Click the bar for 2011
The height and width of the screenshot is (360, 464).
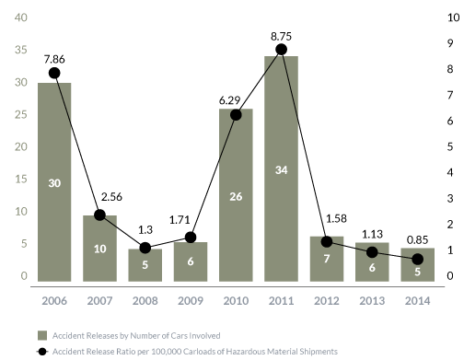pos(281,168)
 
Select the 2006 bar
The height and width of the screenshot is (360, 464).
pos(54,182)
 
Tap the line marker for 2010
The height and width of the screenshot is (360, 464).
pos(236,115)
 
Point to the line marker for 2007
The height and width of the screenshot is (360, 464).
pos(99,215)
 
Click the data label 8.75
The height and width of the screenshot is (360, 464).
pos(281,37)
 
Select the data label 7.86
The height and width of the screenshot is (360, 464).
pos(54,59)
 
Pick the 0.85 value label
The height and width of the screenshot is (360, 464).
pos(417,239)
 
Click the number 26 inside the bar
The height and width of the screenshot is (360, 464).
pos(236,197)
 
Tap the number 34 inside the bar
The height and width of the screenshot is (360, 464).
pos(281,170)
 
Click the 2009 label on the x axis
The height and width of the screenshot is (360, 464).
pos(191,301)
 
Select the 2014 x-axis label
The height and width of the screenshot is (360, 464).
pos(417,301)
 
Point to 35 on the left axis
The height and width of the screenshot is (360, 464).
pos(21,50)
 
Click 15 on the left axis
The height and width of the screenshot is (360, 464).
pos(21,179)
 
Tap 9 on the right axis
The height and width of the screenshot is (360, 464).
pos(450,43)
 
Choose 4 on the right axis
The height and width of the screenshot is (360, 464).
pos(450,172)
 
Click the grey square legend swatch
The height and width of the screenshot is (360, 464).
pos(42,335)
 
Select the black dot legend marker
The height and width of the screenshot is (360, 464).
pos(42,352)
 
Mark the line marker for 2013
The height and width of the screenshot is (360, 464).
pos(372,252)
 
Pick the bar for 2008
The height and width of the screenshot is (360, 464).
pos(145,265)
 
